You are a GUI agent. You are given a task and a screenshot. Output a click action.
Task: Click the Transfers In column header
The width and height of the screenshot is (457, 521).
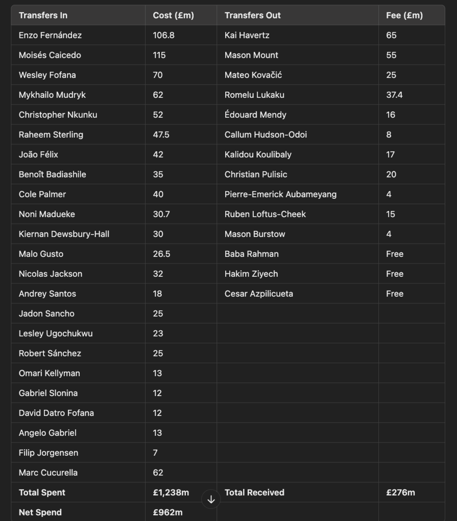point(43,15)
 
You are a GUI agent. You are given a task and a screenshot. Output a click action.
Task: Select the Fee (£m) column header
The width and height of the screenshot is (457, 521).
point(401,15)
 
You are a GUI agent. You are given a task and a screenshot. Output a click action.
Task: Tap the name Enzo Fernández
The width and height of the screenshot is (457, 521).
point(50,35)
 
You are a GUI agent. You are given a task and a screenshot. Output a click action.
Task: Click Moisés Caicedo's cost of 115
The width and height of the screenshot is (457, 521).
point(159,55)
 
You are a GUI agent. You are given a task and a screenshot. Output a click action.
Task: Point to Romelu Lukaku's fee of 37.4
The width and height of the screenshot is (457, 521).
point(394,95)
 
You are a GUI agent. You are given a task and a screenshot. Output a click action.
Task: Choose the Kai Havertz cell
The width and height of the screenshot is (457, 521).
point(247,35)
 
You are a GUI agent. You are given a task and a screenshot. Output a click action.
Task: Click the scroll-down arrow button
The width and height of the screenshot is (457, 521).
point(211,500)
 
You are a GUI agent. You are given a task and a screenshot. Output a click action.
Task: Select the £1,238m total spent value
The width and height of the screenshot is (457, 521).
point(171,492)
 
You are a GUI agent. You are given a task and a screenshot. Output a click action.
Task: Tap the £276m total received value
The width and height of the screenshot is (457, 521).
point(400,492)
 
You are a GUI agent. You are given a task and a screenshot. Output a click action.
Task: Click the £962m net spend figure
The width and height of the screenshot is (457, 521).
point(167,512)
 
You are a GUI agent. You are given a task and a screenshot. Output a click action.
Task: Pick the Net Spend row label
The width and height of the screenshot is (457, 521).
point(40,512)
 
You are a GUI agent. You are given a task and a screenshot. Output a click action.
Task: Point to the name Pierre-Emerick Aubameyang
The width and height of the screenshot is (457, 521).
point(280,194)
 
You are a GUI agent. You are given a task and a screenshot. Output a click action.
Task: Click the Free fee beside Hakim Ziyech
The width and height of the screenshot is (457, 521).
point(395,274)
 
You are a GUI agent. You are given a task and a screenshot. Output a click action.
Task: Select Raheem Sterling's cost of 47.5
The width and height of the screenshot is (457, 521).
point(161,135)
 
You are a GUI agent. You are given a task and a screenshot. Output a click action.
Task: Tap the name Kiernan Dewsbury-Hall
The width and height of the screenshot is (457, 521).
point(64,234)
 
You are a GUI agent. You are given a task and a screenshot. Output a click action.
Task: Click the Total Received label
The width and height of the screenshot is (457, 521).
point(254,492)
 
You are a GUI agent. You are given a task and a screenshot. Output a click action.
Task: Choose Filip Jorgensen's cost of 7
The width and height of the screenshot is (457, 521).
point(155,453)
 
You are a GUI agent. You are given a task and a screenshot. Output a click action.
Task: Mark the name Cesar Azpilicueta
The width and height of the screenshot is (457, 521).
point(259,294)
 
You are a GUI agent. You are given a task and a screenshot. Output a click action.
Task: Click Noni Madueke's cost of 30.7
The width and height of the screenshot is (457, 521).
point(161,214)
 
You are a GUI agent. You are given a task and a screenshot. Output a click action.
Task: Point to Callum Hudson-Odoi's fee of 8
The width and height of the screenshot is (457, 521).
point(389,135)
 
